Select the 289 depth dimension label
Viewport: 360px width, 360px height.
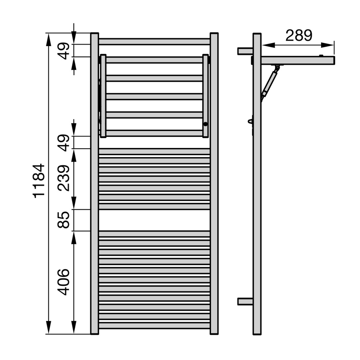[x=298, y=36]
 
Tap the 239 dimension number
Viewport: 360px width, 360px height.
[x=64, y=178]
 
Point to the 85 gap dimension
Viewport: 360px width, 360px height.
[x=64, y=220]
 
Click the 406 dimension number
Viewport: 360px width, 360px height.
[x=64, y=282]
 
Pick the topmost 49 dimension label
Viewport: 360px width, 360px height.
[x=64, y=51]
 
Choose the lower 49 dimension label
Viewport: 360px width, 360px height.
[x=64, y=143]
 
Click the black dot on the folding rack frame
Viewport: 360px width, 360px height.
[x=205, y=124]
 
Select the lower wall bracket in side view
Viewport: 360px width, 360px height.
[x=245, y=301]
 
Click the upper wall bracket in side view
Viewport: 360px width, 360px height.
[x=245, y=51]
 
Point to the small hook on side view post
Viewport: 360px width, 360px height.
[x=251, y=121]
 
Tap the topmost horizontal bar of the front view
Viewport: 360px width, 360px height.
[x=154, y=42]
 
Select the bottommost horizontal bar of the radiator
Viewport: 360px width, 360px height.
[x=154, y=325]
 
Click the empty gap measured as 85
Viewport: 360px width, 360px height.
[x=154, y=220]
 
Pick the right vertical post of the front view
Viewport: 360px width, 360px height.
[x=214, y=184]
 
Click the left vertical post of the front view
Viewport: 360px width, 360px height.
[x=94, y=184]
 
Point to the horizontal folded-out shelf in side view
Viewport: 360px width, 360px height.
[x=299, y=60]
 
